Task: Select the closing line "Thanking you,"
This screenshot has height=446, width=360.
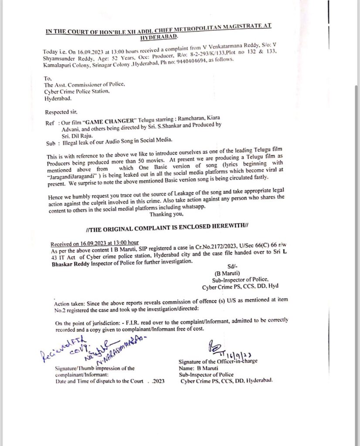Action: coord(167,214)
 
